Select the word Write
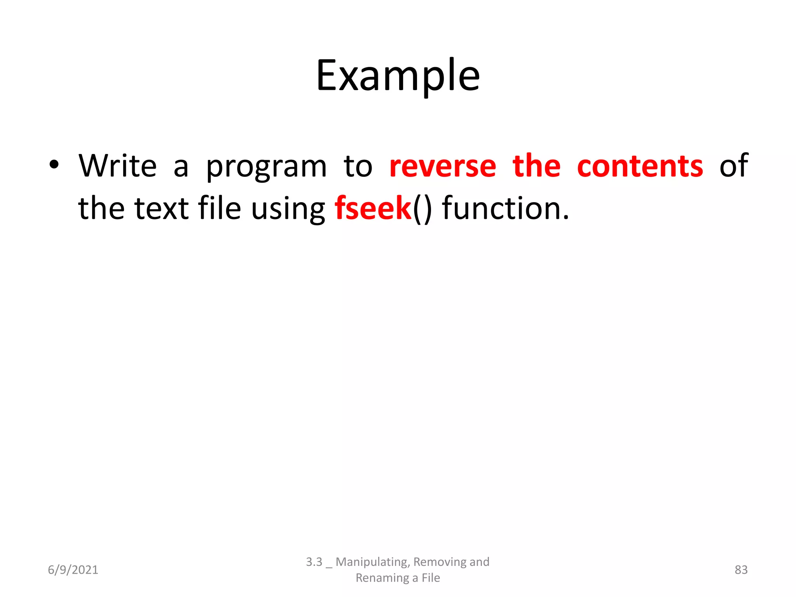(117, 166)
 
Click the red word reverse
(443, 166)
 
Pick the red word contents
(640, 166)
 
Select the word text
(162, 208)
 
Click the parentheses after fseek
(422, 209)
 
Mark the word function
(506, 208)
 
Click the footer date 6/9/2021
(73, 570)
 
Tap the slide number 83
(741, 570)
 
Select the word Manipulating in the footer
(372, 562)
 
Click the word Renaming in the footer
(382, 578)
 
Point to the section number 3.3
(314, 562)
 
